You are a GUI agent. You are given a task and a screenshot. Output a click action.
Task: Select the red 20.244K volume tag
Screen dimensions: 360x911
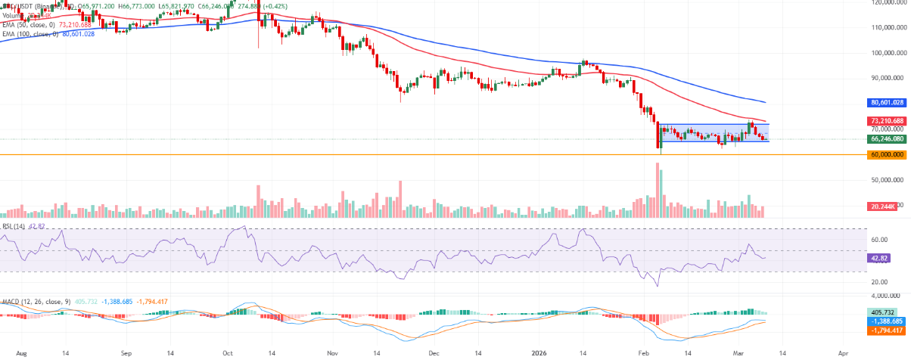coord(882,206)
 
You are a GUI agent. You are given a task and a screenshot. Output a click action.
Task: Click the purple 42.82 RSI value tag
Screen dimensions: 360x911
coord(878,258)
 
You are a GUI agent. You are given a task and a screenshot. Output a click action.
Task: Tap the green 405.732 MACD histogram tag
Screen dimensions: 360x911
coord(881,312)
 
